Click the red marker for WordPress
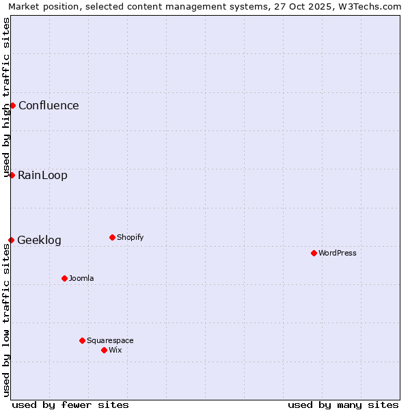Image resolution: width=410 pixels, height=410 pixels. click(x=314, y=253)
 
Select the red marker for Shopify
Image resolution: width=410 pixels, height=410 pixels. click(x=112, y=237)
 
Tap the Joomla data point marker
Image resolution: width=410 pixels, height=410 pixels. click(x=64, y=278)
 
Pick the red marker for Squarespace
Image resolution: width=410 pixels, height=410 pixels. click(x=82, y=340)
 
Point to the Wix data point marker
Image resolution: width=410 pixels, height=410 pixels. click(x=104, y=350)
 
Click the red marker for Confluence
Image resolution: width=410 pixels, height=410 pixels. click(x=12, y=105)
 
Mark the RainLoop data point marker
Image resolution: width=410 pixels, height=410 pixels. click(x=12, y=175)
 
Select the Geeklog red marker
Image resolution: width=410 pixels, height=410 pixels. click(x=11, y=240)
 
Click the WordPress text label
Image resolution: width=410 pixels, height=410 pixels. click(x=338, y=253)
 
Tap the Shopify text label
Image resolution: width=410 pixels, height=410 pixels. click(x=130, y=237)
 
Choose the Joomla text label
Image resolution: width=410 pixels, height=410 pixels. click(x=81, y=278)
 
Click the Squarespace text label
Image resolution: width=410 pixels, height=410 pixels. click(x=110, y=340)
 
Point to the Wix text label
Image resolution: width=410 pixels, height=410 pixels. click(x=115, y=350)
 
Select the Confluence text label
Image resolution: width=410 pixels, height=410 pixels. click(x=49, y=105)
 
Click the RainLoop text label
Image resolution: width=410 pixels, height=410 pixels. click(x=42, y=175)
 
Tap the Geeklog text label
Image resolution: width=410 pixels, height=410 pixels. click(x=39, y=240)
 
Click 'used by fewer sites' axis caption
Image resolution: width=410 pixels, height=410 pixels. click(x=70, y=405)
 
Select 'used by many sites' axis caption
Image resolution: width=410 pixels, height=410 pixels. click(x=343, y=405)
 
